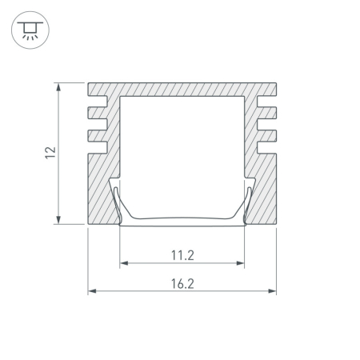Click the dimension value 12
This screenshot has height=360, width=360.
tap(50, 153)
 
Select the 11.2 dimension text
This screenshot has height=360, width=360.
tap(182, 255)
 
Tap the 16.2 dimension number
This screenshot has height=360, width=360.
tap(182, 284)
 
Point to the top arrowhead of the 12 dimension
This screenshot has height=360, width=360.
tap(58, 87)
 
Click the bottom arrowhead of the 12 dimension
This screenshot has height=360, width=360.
tap(58, 220)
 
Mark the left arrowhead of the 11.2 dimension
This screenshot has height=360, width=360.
tap(124, 263)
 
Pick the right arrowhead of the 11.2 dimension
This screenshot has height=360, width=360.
tap(240, 263)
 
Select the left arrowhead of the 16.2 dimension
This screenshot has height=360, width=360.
tap(92, 291)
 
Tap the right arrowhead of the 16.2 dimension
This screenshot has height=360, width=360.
tap(272, 291)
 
